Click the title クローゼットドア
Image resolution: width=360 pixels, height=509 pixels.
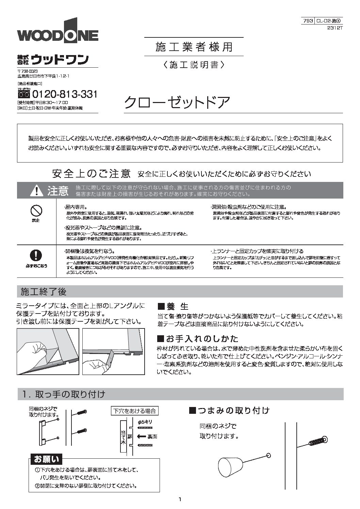[x=177, y=102]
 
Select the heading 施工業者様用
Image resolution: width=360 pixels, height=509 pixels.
[x=194, y=47]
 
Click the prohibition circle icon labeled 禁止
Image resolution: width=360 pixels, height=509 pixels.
[x=36, y=211]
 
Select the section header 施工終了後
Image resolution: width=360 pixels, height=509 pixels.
[x=44, y=291]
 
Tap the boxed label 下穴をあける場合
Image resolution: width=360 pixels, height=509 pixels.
[x=134, y=411]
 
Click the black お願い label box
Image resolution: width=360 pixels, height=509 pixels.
[x=46, y=459]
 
